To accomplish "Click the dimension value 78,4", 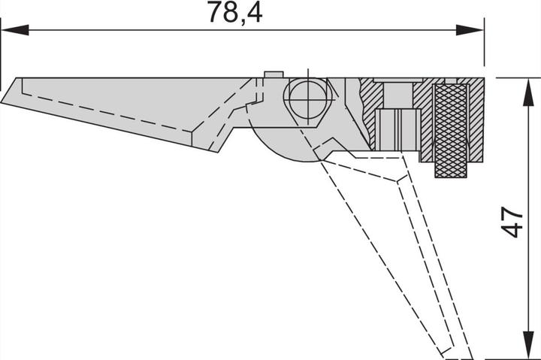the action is point(234,13).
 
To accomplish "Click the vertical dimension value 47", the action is point(512,222).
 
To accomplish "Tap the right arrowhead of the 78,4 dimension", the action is point(470,30).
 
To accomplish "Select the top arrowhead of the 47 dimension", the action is point(527,92).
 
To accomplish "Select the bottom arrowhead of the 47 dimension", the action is point(527,344).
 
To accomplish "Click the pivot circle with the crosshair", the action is point(308,100).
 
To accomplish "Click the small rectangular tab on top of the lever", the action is point(274,74).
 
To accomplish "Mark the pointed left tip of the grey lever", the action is point(2,102).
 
